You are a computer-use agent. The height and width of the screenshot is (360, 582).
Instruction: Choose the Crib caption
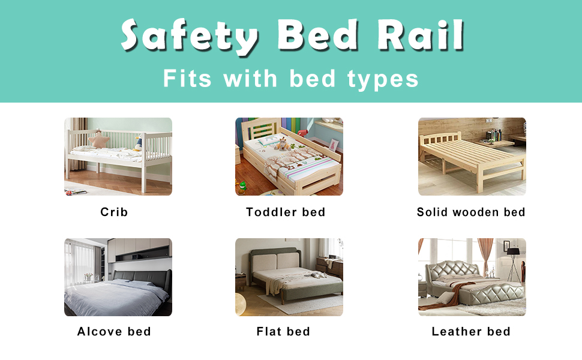pos(114,212)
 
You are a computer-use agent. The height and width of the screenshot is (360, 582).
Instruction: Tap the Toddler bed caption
pos(286,212)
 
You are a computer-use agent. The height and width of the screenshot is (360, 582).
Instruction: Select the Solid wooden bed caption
pos(471,212)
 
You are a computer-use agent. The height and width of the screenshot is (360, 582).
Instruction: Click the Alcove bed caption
pos(114,332)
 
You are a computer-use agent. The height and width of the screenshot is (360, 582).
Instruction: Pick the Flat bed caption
pos(283,332)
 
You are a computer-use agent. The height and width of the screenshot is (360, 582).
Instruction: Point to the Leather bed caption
pos(471,332)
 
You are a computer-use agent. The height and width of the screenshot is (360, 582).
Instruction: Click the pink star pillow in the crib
pos(98,140)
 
